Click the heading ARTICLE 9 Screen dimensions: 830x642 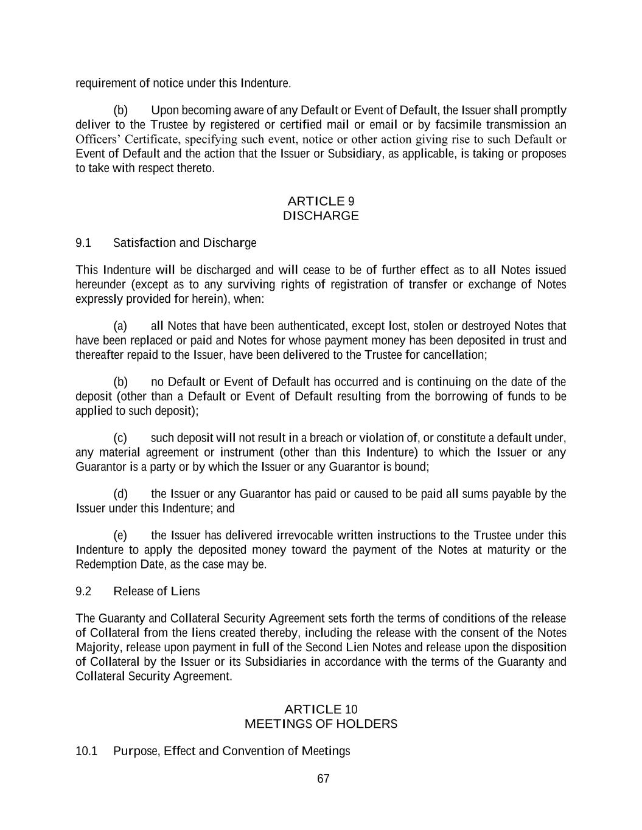tap(320, 201)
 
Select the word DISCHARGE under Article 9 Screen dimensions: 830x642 tap(321, 216)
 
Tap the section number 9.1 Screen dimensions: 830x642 tap(83, 243)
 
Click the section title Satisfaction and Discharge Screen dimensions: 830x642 tap(184, 243)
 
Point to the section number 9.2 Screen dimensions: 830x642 tap(83, 592)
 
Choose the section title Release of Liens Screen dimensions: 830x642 tap(156, 592)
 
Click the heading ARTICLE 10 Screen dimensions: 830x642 tap(321, 710)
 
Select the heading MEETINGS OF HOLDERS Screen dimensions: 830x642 tap(321, 724)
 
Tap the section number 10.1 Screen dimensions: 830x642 tap(86, 752)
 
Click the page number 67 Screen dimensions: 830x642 tap(323, 779)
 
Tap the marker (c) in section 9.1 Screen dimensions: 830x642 tap(120, 438)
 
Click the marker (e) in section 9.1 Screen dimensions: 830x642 tap(120, 536)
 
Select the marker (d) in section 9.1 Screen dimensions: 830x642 tap(120, 494)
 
